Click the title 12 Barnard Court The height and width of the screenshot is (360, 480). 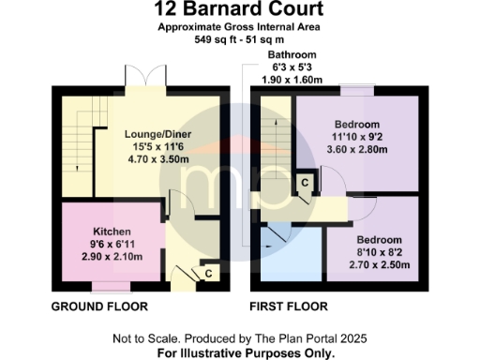point(240,10)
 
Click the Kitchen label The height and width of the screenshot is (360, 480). point(112,232)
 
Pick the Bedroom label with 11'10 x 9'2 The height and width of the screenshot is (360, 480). point(357,125)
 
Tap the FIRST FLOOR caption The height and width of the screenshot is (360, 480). point(288,307)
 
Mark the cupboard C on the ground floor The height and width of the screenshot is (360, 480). point(208,273)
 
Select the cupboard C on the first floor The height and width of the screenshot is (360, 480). point(305,182)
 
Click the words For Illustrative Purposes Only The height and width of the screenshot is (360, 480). point(240,352)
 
